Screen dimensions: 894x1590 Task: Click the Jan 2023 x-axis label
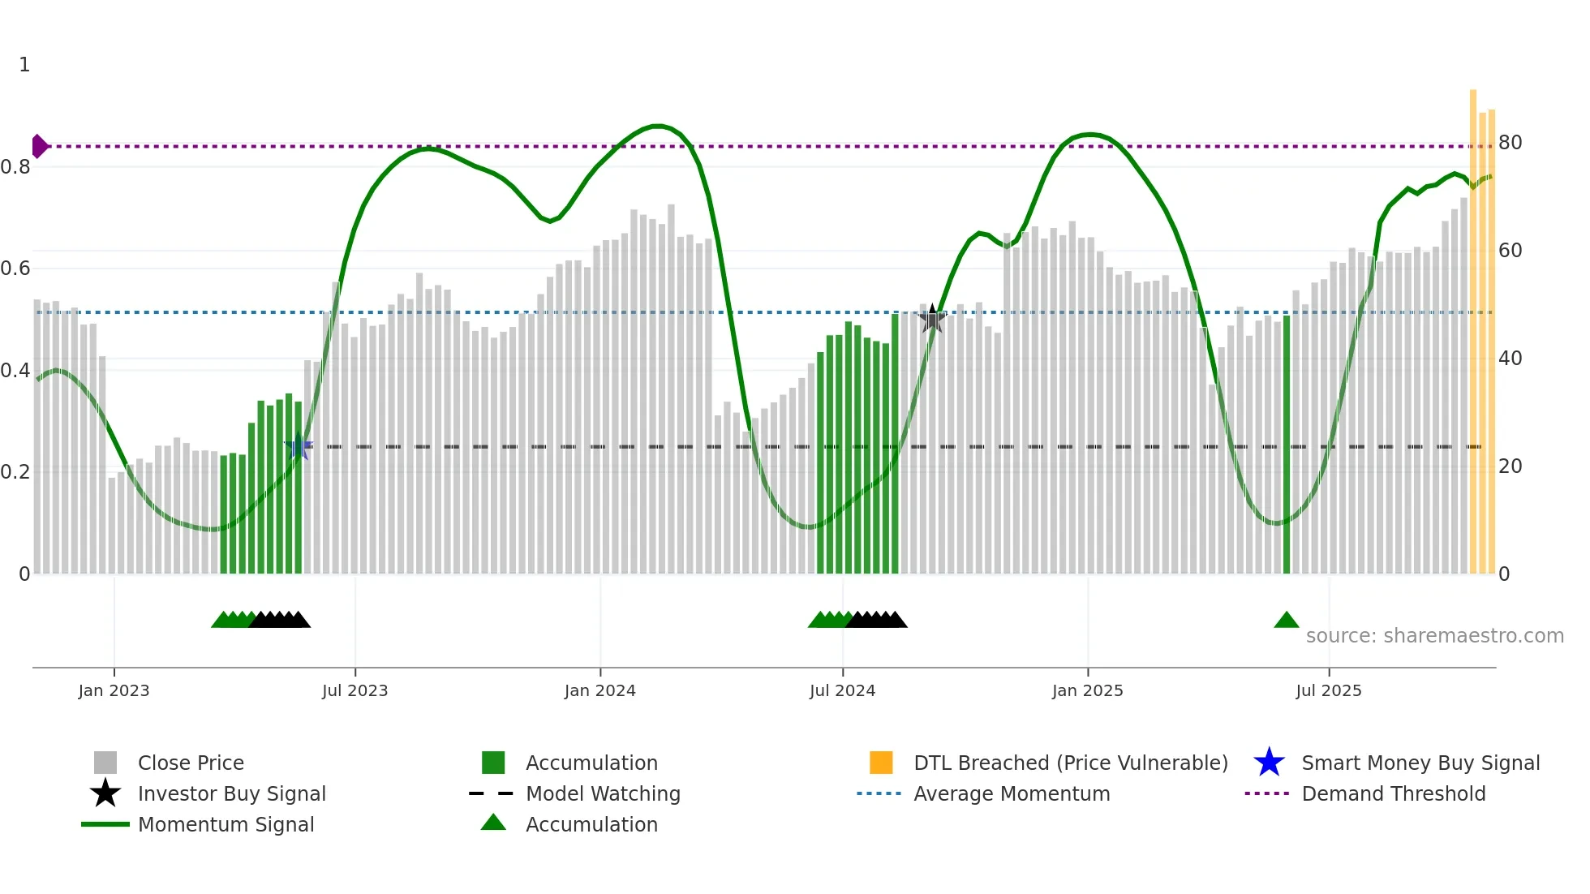(114, 690)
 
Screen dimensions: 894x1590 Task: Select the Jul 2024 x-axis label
(842, 690)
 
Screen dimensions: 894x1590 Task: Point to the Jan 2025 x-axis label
(1087, 690)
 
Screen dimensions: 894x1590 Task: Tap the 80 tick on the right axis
(1510, 143)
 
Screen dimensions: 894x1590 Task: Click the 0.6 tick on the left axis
(16, 269)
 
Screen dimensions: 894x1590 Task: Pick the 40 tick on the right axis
(1510, 359)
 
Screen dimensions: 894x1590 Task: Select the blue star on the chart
(299, 446)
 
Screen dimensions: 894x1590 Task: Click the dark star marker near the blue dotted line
(932, 319)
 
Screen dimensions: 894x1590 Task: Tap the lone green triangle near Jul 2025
(1286, 621)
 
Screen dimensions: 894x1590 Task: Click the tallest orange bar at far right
(1473, 325)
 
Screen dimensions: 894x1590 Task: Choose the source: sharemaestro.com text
(1434, 636)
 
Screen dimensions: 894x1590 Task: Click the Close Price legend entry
(191, 763)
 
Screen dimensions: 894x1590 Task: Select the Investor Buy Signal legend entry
(231, 793)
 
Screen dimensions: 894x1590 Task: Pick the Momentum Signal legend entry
(226, 824)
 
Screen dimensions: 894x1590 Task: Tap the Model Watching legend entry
(603, 793)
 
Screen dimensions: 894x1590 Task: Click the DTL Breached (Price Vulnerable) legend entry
(1070, 763)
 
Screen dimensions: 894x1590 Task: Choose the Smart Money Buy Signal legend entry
(1420, 763)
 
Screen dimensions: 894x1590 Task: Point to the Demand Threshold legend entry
(1393, 793)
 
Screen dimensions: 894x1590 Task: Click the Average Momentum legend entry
(1011, 793)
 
